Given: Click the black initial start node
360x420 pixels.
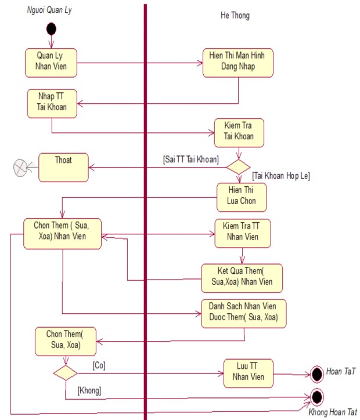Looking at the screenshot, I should (51, 28).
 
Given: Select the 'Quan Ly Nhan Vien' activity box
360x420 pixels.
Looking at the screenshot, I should (51, 62).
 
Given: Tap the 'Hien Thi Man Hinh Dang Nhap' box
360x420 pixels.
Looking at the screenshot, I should (237, 63).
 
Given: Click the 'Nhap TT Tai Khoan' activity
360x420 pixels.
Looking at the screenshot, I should (52, 103).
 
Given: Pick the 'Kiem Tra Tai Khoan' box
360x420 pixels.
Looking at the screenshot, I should (239, 133).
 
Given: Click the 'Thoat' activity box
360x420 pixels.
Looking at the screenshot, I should (63, 166).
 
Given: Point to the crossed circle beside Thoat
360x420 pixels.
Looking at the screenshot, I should (21, 168).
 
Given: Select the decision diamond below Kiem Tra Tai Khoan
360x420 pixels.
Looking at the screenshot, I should (238, 167).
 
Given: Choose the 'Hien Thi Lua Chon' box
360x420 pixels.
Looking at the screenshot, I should (241, 197).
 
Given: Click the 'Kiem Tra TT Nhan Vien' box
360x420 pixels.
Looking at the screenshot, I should (242, 233).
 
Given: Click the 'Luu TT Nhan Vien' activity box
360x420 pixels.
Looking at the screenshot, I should (248, 373).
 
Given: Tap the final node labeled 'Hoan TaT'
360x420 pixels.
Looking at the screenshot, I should (317, 373).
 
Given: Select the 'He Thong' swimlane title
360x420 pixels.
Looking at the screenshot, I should (235, 16).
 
